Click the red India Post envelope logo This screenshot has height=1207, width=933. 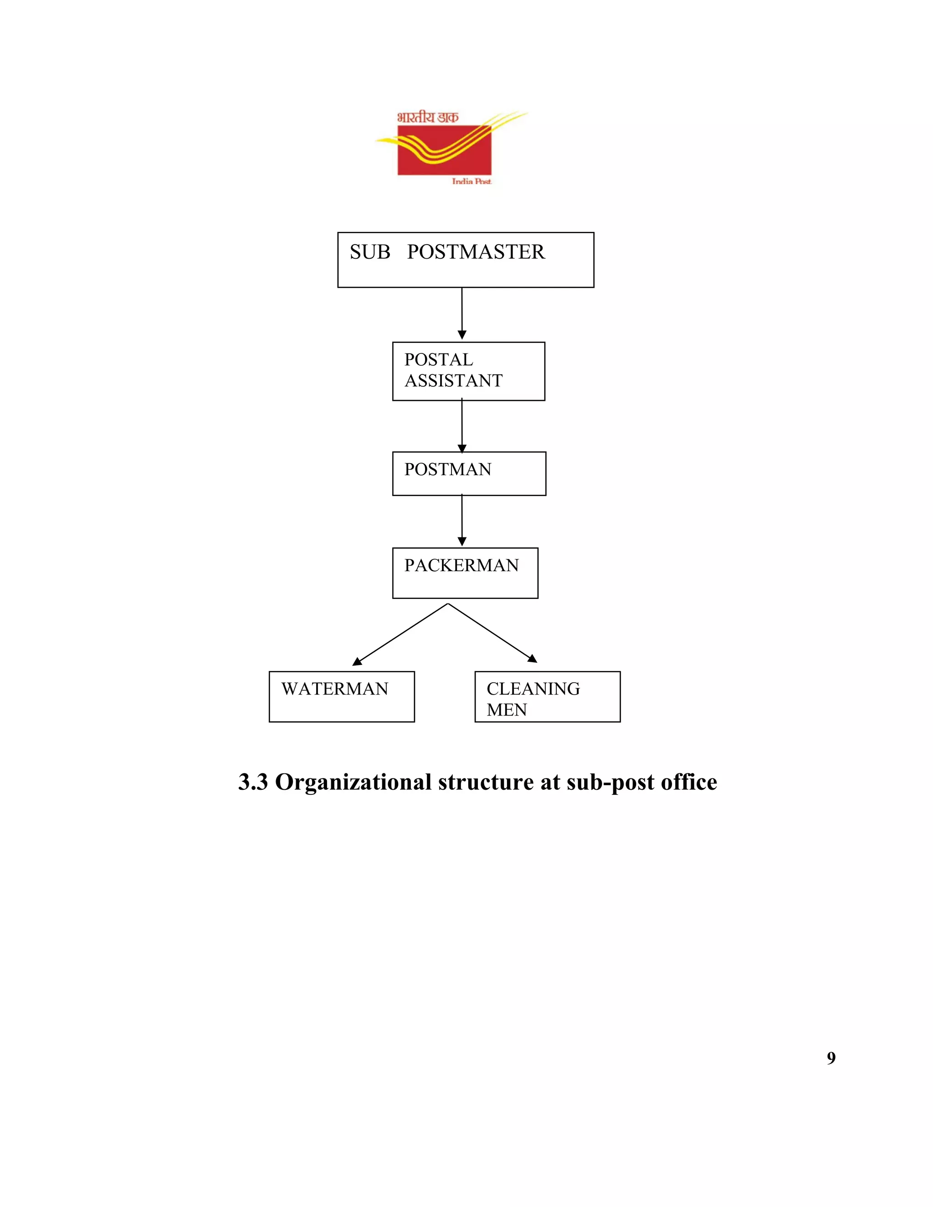[444, 150]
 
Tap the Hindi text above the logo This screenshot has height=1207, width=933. [427, 117]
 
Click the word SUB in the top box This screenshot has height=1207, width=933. [370, 252]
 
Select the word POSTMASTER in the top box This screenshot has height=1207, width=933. [476, 252]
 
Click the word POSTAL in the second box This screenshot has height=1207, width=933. [438, 360]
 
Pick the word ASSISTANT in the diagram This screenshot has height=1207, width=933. [453, 381]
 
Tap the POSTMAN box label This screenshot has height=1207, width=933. [448, 469]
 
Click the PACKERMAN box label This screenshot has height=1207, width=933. [461, 565]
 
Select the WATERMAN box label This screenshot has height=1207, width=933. [335, 689]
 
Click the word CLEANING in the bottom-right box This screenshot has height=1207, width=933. [533, 689]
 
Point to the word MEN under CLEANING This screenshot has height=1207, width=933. [507, 710]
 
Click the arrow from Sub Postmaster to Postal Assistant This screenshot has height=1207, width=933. [462, 313]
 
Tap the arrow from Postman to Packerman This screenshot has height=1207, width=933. [462, 520]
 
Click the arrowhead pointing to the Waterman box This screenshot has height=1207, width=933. [357, 661]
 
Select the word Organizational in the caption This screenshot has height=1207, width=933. [353, 782]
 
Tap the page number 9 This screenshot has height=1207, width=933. [831, 1058]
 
